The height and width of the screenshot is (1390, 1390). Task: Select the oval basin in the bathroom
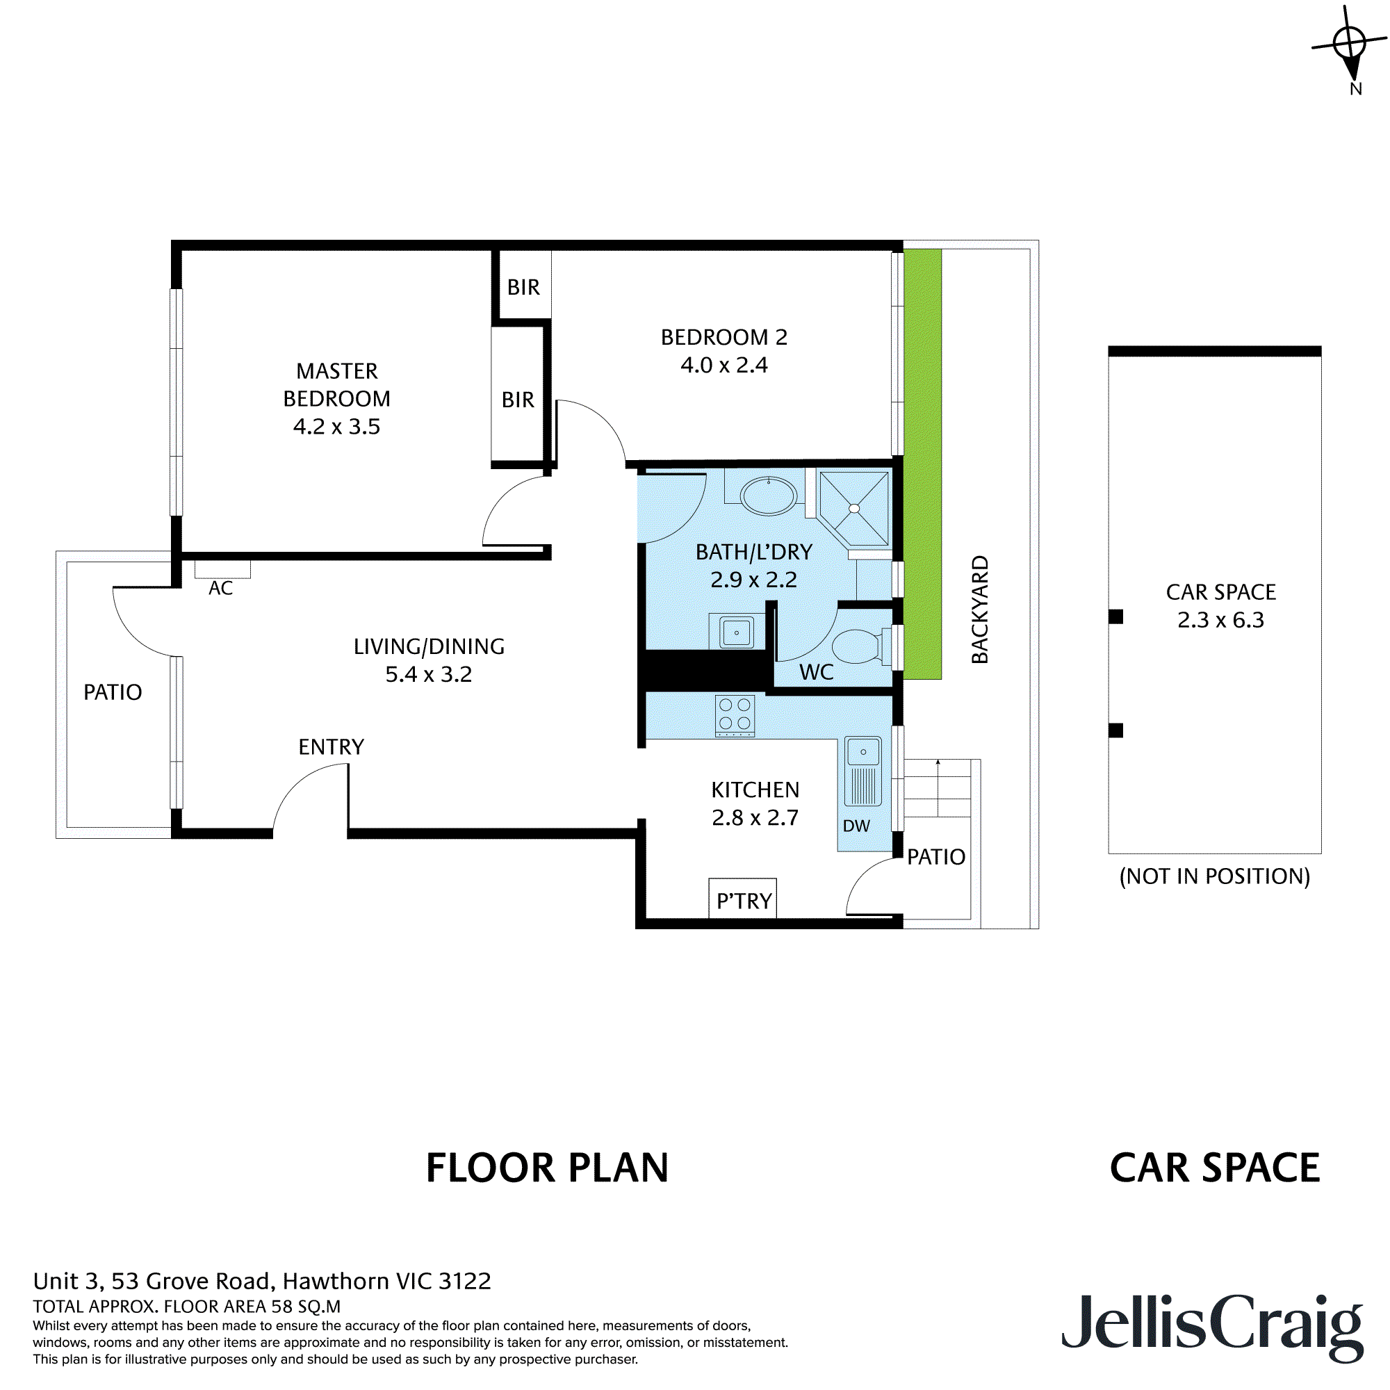769,496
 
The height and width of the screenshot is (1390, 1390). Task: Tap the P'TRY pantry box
742,899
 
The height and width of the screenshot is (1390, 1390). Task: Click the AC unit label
221,588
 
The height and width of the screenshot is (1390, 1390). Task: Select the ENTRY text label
331,747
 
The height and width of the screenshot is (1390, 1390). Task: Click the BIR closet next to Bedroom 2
524,286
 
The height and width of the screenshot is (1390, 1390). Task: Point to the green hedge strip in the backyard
922,464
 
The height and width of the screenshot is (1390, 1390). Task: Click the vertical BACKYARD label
980,610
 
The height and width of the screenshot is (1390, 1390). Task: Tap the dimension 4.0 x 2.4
723,366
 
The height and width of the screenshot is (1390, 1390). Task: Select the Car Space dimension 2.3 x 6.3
1220,620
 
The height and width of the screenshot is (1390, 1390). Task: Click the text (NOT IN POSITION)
1214,876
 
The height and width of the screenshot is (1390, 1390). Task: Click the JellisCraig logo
1211,1333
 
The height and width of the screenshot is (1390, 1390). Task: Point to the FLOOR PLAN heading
547,1168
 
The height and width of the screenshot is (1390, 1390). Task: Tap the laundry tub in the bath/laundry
736,632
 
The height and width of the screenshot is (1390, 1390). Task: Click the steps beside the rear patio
937,789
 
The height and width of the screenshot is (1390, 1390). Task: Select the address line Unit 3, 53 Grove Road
262,1281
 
